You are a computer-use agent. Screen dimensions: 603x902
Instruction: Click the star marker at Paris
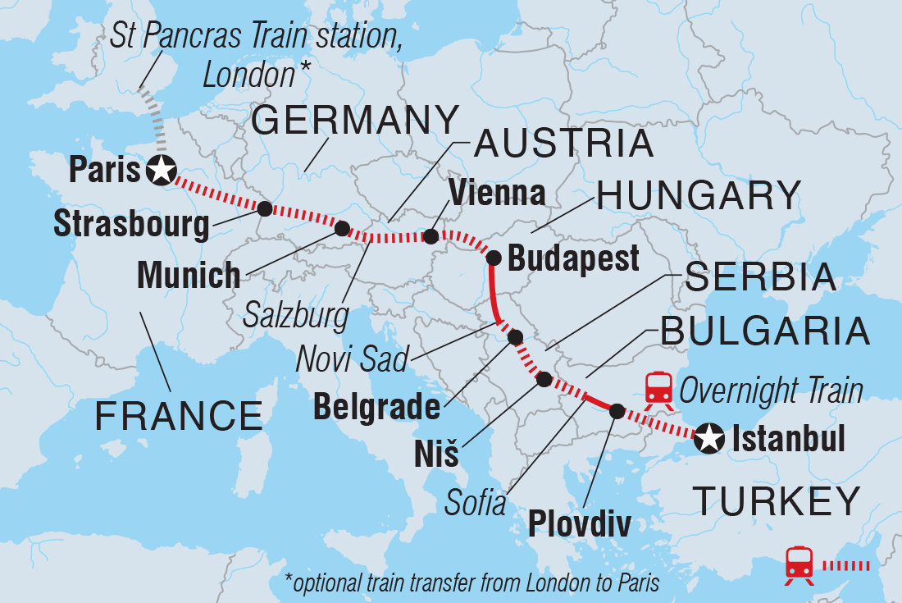(162, 170)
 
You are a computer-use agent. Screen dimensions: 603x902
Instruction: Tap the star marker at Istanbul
(708, 441)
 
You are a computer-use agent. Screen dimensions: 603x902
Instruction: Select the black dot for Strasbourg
(265, 208)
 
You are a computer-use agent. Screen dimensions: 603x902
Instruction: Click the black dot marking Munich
(342, 228)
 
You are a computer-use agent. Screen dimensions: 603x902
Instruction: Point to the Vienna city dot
(430, 237)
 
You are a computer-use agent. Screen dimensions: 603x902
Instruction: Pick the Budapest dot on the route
(494, 258)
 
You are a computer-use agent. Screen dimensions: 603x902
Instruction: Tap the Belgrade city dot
(515, 336)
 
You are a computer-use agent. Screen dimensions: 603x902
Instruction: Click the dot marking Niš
(544, 379)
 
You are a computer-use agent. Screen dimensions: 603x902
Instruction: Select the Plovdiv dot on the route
(616, 411)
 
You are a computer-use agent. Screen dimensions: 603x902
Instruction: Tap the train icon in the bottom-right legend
(799, 565)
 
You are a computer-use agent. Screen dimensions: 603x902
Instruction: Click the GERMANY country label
(355, 121)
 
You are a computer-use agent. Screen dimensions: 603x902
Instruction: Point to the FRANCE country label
(178, 416)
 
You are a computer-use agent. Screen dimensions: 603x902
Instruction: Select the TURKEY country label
(777, 500)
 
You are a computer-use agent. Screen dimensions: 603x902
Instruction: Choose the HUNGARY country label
(699, 196)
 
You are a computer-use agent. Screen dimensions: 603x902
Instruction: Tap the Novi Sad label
(354, 359)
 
